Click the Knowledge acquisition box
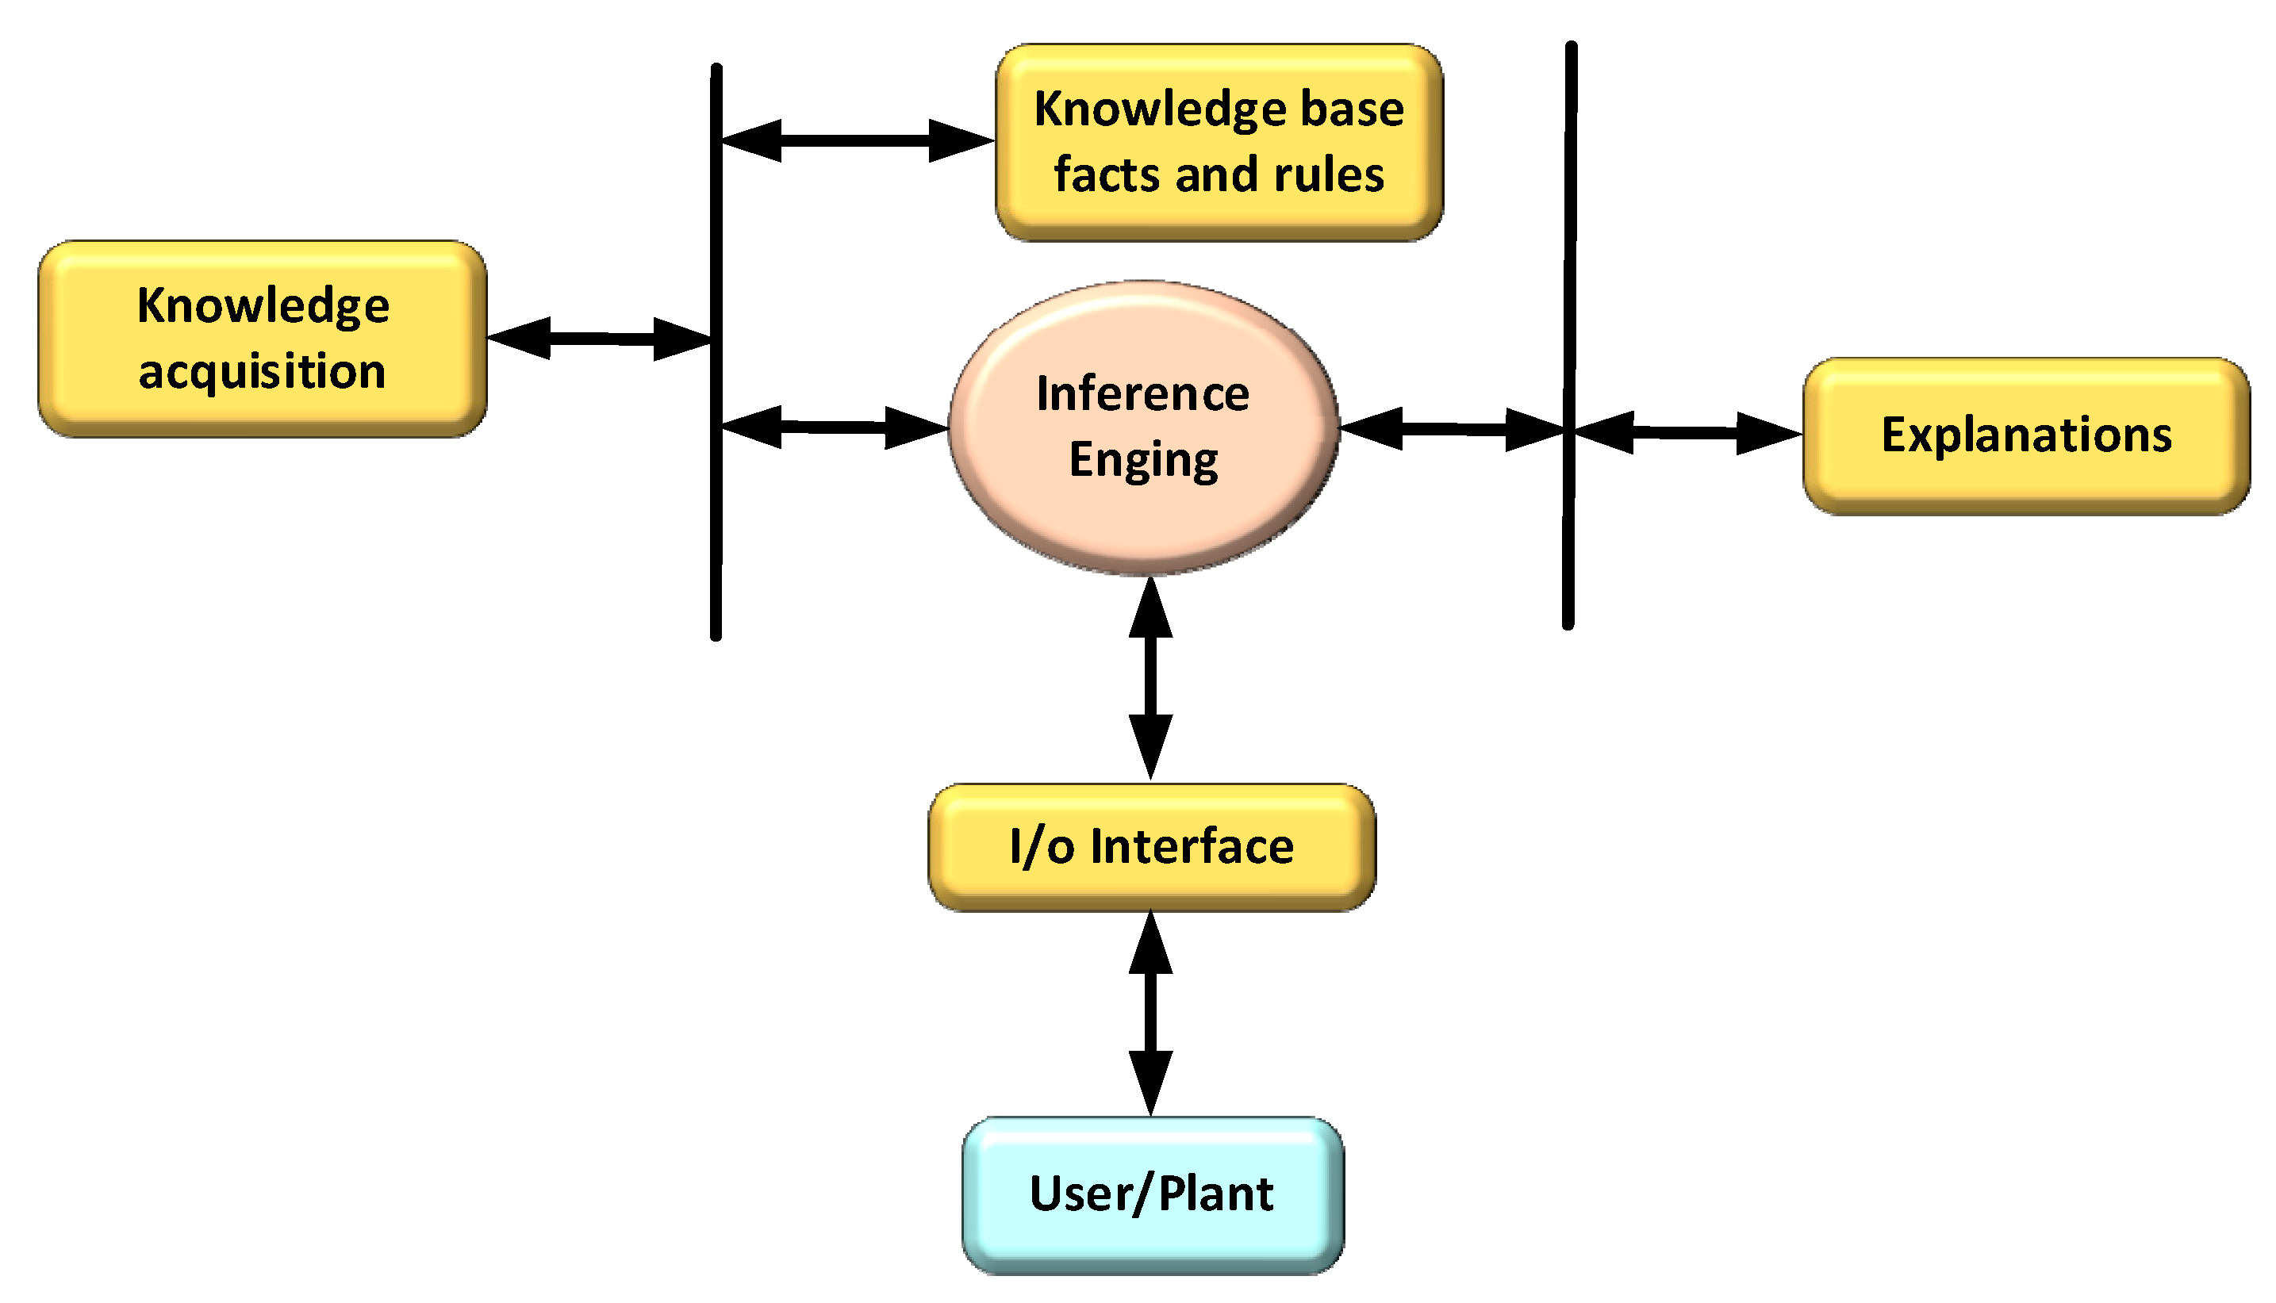(263, 339)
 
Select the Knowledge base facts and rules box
(1219, 141)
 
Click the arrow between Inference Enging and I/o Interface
(1150, 677)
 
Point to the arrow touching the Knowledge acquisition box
(600, 339)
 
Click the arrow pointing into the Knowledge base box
(857, 140)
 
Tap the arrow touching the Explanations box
(1687, 433)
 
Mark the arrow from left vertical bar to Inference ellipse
(834, 427)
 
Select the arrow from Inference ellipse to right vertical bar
(1452, 430)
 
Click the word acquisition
(263, 371)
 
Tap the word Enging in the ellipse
(1143, 462)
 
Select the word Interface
(1192, 846)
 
